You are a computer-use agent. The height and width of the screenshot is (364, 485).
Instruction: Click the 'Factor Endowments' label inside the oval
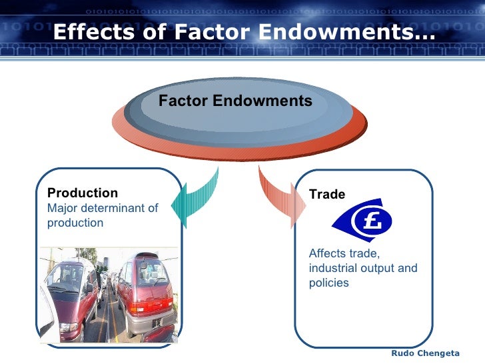click(235, 101)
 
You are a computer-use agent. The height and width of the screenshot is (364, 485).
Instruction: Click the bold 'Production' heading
click(83, 193)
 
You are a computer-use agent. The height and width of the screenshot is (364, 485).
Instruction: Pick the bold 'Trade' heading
click(327, 195)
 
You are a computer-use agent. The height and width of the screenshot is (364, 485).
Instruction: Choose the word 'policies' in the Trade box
click(328, 283)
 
